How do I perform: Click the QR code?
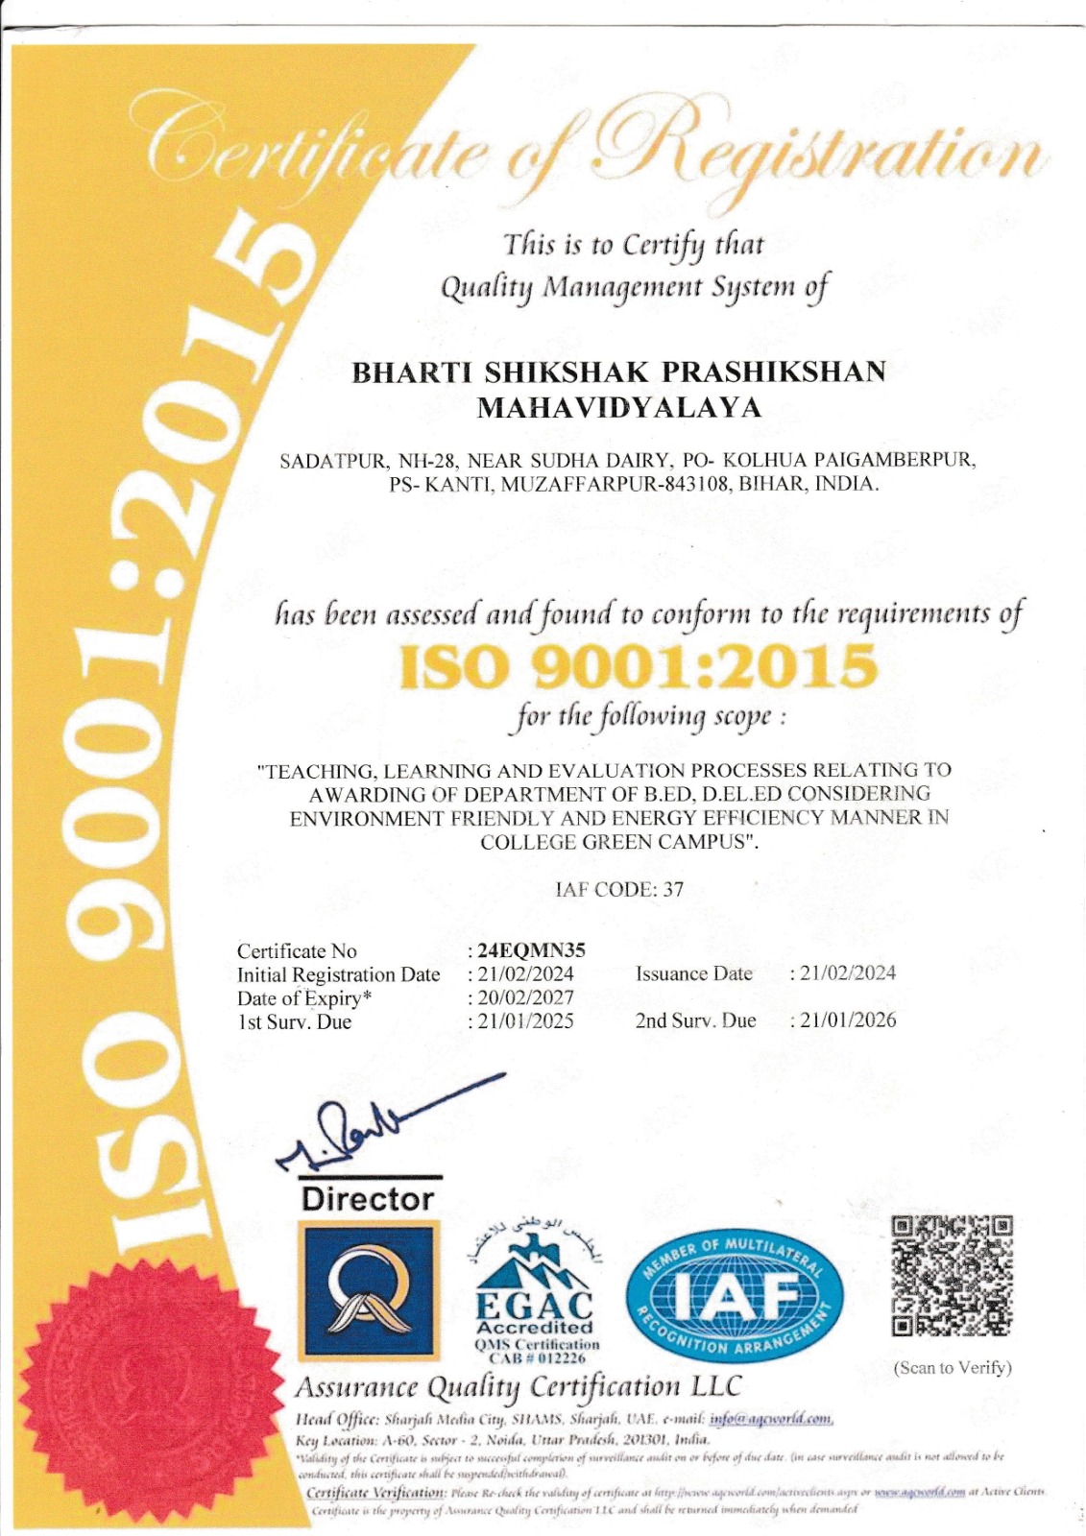(953, 1277)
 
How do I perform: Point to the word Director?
(368, 1199)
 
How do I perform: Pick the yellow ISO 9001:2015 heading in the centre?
(638, 666)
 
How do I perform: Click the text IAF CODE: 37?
(620, 889)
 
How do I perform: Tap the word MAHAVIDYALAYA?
(619, 408)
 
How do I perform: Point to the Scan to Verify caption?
(953, 1367)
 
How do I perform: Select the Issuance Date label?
(693, 973)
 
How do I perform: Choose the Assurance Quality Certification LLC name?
(519, 1386)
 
